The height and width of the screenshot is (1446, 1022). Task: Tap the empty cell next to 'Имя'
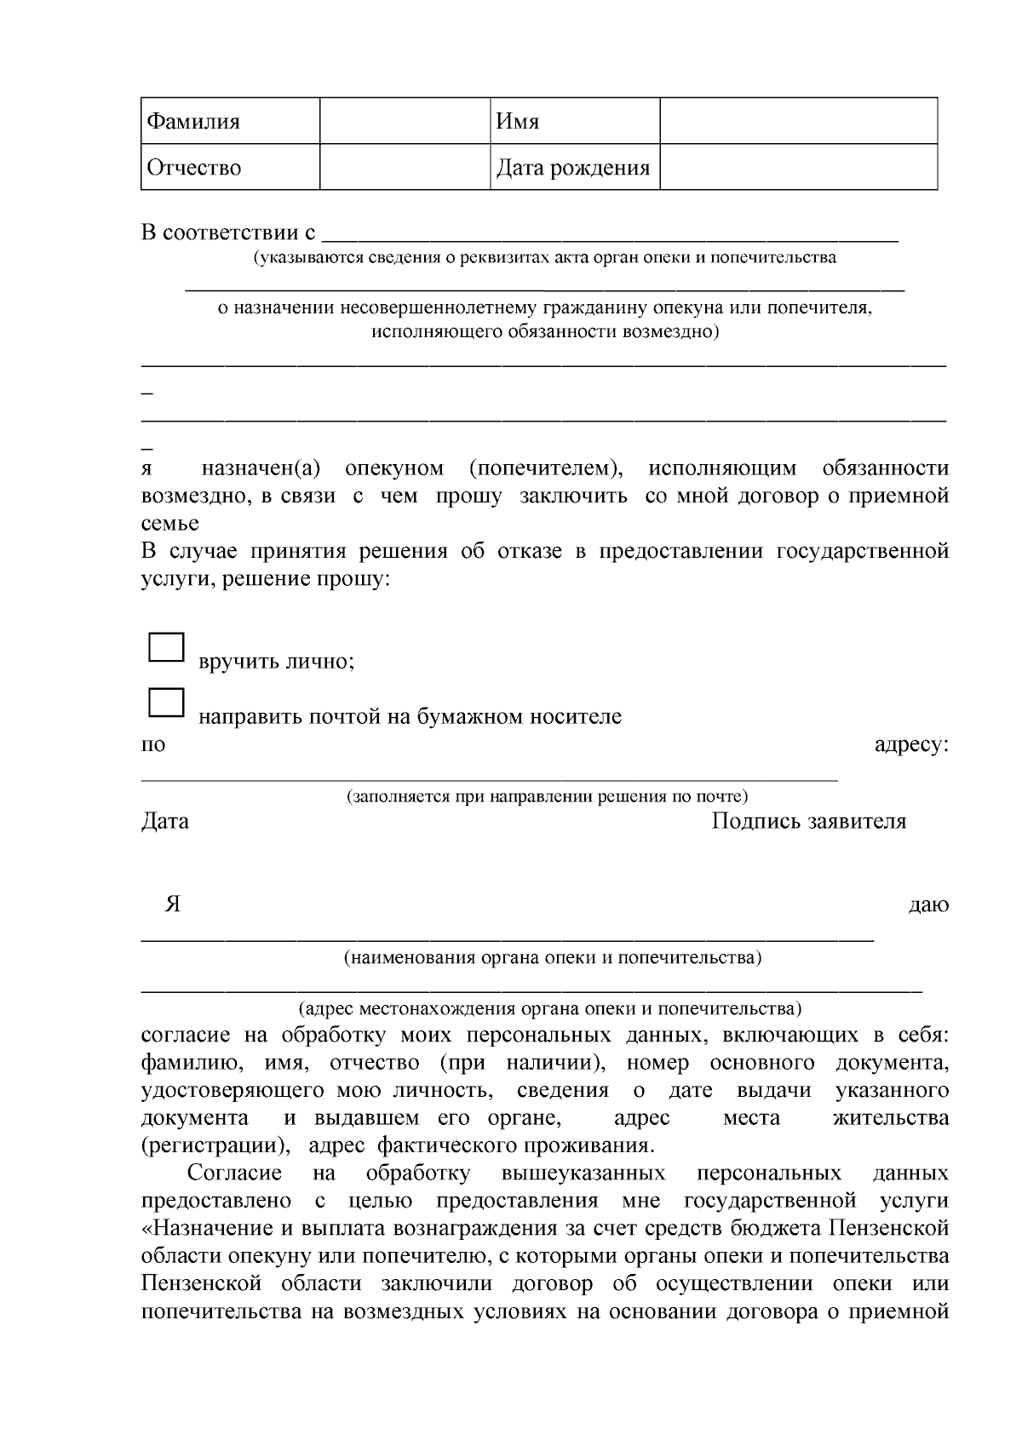pos(798,121)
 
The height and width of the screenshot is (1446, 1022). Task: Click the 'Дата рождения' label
pos(573,168)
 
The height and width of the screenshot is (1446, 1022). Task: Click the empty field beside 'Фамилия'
pos(405,121)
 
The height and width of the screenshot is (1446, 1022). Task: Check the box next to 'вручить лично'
pos(166,647)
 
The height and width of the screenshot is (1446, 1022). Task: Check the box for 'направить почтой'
pos(166,703)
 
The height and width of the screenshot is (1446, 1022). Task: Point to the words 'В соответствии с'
pos(228,232)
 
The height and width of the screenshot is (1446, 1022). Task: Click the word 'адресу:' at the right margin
pos(911,745)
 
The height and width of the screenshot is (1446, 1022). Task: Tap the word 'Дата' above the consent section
pos(165,822)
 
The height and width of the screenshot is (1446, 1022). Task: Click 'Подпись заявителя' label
pos(808,822)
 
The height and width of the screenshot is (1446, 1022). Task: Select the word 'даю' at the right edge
pos(928,905)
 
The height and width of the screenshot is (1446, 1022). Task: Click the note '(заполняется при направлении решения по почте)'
pos(547,797)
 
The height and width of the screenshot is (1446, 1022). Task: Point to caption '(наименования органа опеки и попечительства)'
pos(552,958)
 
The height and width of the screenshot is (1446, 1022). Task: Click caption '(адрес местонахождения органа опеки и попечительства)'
pos(549,1009)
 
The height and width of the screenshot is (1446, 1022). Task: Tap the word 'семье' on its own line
pos(169,524)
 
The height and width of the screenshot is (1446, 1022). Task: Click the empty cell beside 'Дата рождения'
pos(798,168)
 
